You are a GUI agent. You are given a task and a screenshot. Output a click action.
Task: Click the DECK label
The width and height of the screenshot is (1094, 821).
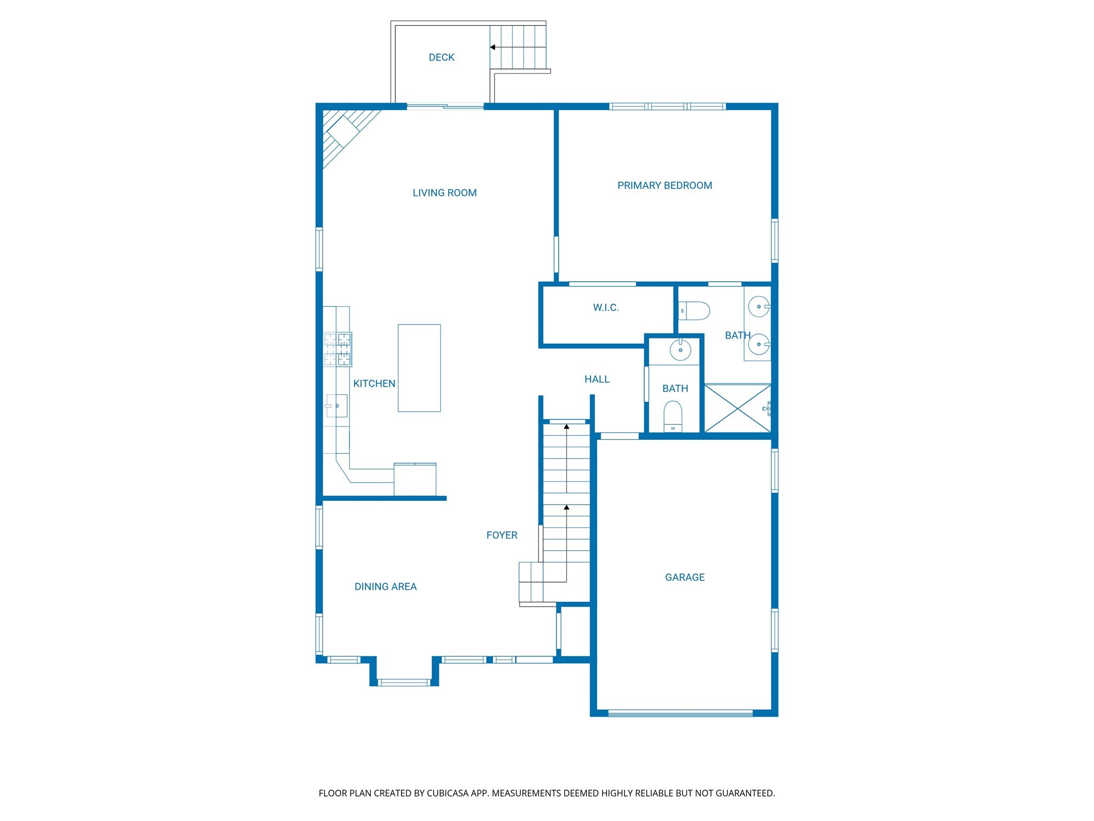[441, 57]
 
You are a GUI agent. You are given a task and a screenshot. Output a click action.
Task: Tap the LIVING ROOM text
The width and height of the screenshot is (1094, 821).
[444, 193]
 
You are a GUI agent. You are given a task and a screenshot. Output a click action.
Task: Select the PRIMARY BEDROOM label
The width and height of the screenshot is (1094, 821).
[665, 185]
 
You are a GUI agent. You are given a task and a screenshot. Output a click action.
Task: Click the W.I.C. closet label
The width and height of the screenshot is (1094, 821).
[606, 307]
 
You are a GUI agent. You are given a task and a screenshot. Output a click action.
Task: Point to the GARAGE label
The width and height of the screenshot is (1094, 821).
[685, 577]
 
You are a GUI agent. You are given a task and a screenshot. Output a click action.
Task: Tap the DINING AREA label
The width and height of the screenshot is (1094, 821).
[385, 586]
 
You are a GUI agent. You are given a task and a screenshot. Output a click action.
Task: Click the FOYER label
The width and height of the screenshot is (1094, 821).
[502, 535]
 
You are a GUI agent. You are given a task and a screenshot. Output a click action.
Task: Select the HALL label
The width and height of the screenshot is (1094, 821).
[597, 379]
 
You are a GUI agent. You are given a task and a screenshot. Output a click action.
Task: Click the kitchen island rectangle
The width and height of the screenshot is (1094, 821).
[419, 368]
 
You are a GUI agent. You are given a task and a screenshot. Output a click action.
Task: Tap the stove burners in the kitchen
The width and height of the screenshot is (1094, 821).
[338, 349]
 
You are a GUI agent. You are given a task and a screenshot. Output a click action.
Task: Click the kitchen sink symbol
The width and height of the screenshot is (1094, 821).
[337, 406]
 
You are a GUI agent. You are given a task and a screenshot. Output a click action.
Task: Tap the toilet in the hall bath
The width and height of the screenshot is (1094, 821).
[673, 416]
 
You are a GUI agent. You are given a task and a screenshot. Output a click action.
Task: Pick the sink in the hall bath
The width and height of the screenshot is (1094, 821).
[680, 350]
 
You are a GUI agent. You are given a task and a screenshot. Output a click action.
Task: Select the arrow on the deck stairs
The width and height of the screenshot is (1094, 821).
[493, 47]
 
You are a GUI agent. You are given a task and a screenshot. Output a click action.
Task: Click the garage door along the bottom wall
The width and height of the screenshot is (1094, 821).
[681, 713]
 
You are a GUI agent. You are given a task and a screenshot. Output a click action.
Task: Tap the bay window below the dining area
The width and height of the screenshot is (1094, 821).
[404, 683]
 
